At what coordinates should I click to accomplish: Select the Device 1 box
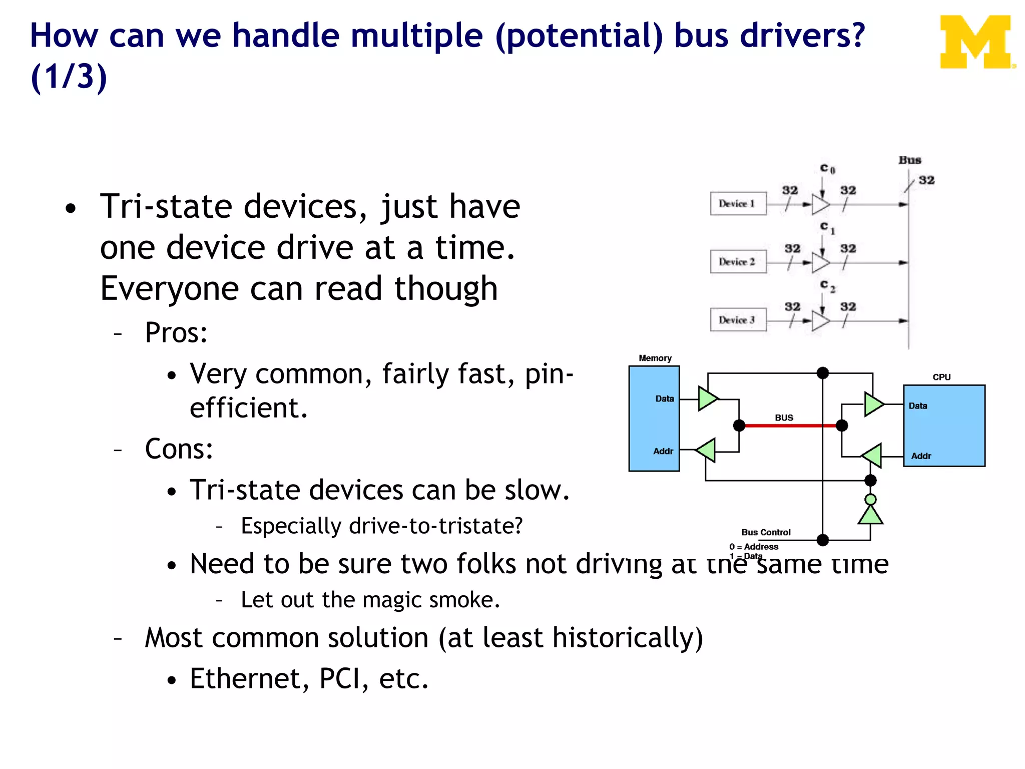point(738,204)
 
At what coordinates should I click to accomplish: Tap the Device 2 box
point(738,262)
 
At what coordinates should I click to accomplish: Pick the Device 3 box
point(738,320)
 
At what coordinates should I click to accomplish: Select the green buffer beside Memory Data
point(708,399)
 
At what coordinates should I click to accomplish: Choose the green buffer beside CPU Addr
point(872,456)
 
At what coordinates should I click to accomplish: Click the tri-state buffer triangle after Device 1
point(820,204)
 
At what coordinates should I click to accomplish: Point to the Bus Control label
point(766,532)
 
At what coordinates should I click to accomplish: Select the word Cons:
point(179,449)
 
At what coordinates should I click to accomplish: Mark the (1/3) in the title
point(69,77)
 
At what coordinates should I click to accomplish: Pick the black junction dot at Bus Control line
point(823,540)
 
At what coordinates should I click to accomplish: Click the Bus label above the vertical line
point(909,160)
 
